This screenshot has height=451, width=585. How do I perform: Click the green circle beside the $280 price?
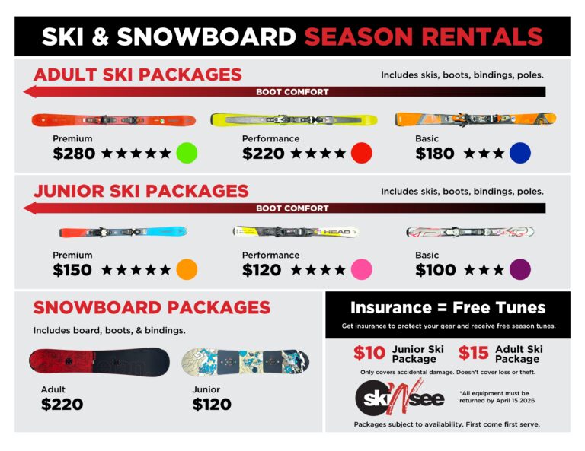pos(187,153)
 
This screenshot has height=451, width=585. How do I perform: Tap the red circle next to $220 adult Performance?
pos(361,153)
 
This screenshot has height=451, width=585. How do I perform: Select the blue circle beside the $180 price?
pos(520,153)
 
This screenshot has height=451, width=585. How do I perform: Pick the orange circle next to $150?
pos(187,269)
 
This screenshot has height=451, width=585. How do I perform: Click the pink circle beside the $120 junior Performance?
pos(361,269)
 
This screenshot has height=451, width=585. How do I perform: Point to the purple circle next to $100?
pos(520,269)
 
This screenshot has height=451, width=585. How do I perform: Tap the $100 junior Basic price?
pos(435,270)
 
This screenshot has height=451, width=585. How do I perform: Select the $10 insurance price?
pos(369,354)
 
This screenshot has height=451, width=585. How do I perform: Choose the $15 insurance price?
pos(474,354)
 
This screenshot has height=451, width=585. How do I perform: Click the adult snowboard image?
pos(99,362)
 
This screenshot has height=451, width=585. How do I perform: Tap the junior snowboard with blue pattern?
pos(245,362)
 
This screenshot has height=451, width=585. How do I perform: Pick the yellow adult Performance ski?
pos(293,120)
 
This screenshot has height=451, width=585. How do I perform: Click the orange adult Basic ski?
pos(475,119)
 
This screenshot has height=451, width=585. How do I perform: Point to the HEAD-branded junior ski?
pos(296,231)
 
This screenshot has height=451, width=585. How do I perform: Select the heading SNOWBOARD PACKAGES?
pos(152,308)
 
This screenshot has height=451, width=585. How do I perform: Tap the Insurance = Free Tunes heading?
pos(448,308)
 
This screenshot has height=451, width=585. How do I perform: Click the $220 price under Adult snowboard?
pos(61,405)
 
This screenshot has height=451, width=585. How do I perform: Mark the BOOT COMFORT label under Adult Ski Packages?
pos(292,92)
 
